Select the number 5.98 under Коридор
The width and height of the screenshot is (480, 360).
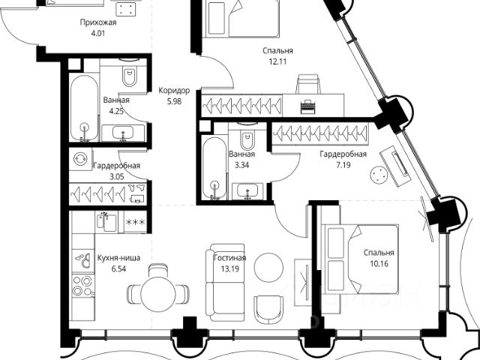pyautogui.click(x=173, y=103)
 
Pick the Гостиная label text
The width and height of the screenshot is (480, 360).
pyautogui.click(x=225, y=256)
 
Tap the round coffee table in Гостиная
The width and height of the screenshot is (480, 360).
pyautogui.click(x=268, y=266)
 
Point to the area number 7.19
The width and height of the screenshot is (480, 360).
pyautogui.click(x=342, y=165)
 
